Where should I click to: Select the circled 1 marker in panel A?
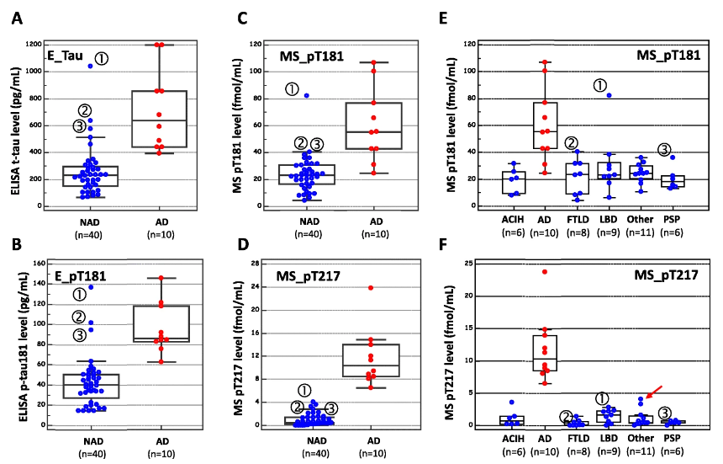101,58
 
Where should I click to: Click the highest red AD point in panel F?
545,272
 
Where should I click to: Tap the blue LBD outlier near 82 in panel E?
608,95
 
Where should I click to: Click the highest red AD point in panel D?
370,288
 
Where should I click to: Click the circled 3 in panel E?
664,150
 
